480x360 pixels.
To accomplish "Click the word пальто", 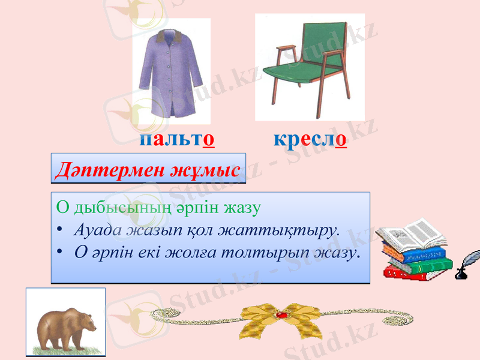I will tap(177, 140).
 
